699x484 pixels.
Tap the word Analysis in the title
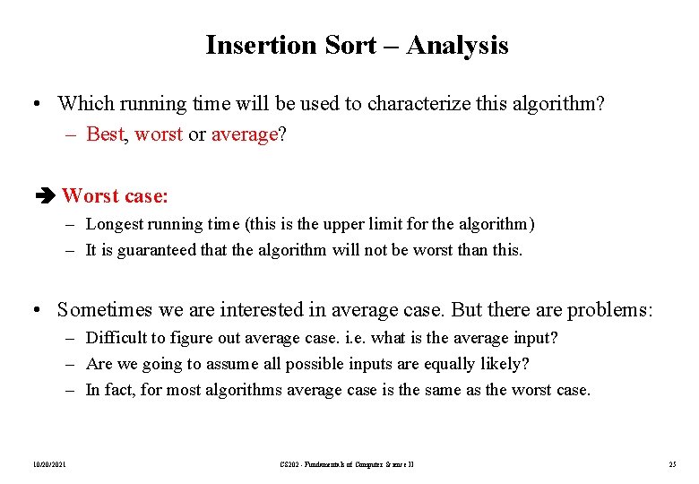pos(457,45)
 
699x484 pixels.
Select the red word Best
pos(104,134)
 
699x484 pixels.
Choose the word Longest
pos(115,224)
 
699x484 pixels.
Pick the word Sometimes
pos(106,310)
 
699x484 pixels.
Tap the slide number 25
pos(671,463)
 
